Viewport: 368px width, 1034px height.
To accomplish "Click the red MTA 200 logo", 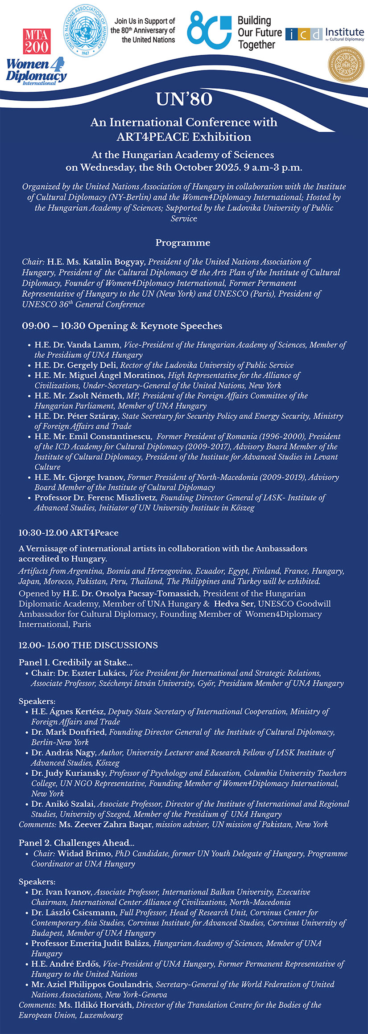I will pos(37,41).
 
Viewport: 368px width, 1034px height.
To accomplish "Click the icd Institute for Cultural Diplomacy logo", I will pos(324,34).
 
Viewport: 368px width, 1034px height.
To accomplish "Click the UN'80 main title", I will pos(184,99).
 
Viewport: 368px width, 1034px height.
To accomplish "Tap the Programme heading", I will pos(182,243).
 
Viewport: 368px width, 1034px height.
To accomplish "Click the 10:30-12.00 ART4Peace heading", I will pos(68,533).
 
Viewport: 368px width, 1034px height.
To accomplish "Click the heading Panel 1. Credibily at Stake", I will pos(75,662).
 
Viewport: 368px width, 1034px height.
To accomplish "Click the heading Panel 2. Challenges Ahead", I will pos(76,843).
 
